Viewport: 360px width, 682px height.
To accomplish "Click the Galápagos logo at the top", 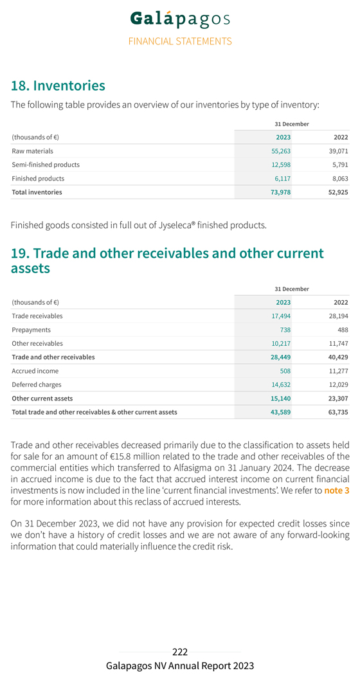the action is coord(180,19).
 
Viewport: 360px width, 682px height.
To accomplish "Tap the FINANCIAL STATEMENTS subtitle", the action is coord(180,41).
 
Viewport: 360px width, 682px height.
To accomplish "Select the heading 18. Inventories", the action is coord(58,85).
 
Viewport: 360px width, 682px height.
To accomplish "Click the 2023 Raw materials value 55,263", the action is coord(280,151).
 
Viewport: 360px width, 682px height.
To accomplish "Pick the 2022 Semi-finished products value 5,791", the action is coord(340,165).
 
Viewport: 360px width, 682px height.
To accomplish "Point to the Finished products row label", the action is coord(38,178).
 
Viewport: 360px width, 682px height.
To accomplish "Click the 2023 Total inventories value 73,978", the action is coord(280,192).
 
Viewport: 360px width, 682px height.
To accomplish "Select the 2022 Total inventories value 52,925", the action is coord(338,192).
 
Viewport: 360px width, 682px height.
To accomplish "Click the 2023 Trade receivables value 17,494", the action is coord(280,316).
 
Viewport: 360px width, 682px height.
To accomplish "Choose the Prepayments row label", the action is coord(31,330).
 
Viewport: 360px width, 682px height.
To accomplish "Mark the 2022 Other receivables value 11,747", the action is coord(339,343).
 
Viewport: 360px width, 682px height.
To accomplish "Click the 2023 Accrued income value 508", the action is coord(285,371).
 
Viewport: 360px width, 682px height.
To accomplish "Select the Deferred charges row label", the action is coord(37,384).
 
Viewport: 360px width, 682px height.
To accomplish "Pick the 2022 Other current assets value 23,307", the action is coord(338,398).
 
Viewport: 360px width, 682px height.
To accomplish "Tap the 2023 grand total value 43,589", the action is coord(280,412).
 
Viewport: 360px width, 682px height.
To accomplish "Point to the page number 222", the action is coord(180,652).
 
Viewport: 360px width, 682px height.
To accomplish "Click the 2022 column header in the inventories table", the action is coord(341,138).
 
